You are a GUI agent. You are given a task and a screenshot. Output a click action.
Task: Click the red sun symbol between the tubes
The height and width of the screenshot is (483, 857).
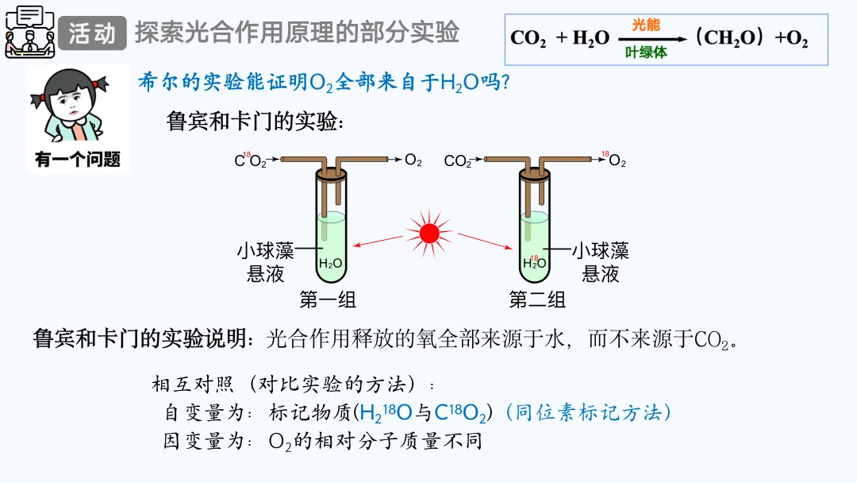pyautogui.click(x=429, y=233)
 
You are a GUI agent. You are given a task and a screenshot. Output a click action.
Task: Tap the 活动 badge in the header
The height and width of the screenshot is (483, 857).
pyautogui.click(x=92, y=33)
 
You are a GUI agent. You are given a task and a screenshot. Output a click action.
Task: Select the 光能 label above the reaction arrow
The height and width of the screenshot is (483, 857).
pyautogui.click(x=645, y=25)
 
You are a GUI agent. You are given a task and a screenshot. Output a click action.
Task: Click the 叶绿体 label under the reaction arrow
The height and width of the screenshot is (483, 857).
pyautogui.click(x=646, y=52)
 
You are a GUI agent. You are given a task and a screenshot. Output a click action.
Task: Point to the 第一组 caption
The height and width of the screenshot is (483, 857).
pyautogui.click(x=328, y=299)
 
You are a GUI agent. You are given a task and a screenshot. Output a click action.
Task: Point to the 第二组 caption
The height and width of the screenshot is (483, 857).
pyautogui.click(x=537, y=299)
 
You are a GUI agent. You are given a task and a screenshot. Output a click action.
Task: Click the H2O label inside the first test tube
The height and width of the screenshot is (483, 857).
pyautogui.click(x=331, y=264)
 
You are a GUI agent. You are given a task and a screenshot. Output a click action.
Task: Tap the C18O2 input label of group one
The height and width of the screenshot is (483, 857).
pyautogui.click(x=250, y=160)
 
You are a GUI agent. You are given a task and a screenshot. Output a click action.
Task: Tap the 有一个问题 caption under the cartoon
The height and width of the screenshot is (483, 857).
pyautogui.click(x=78, y=160)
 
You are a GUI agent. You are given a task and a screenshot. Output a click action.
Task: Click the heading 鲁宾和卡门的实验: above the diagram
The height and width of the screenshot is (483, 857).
pyautogui.click(x=255, y=122)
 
